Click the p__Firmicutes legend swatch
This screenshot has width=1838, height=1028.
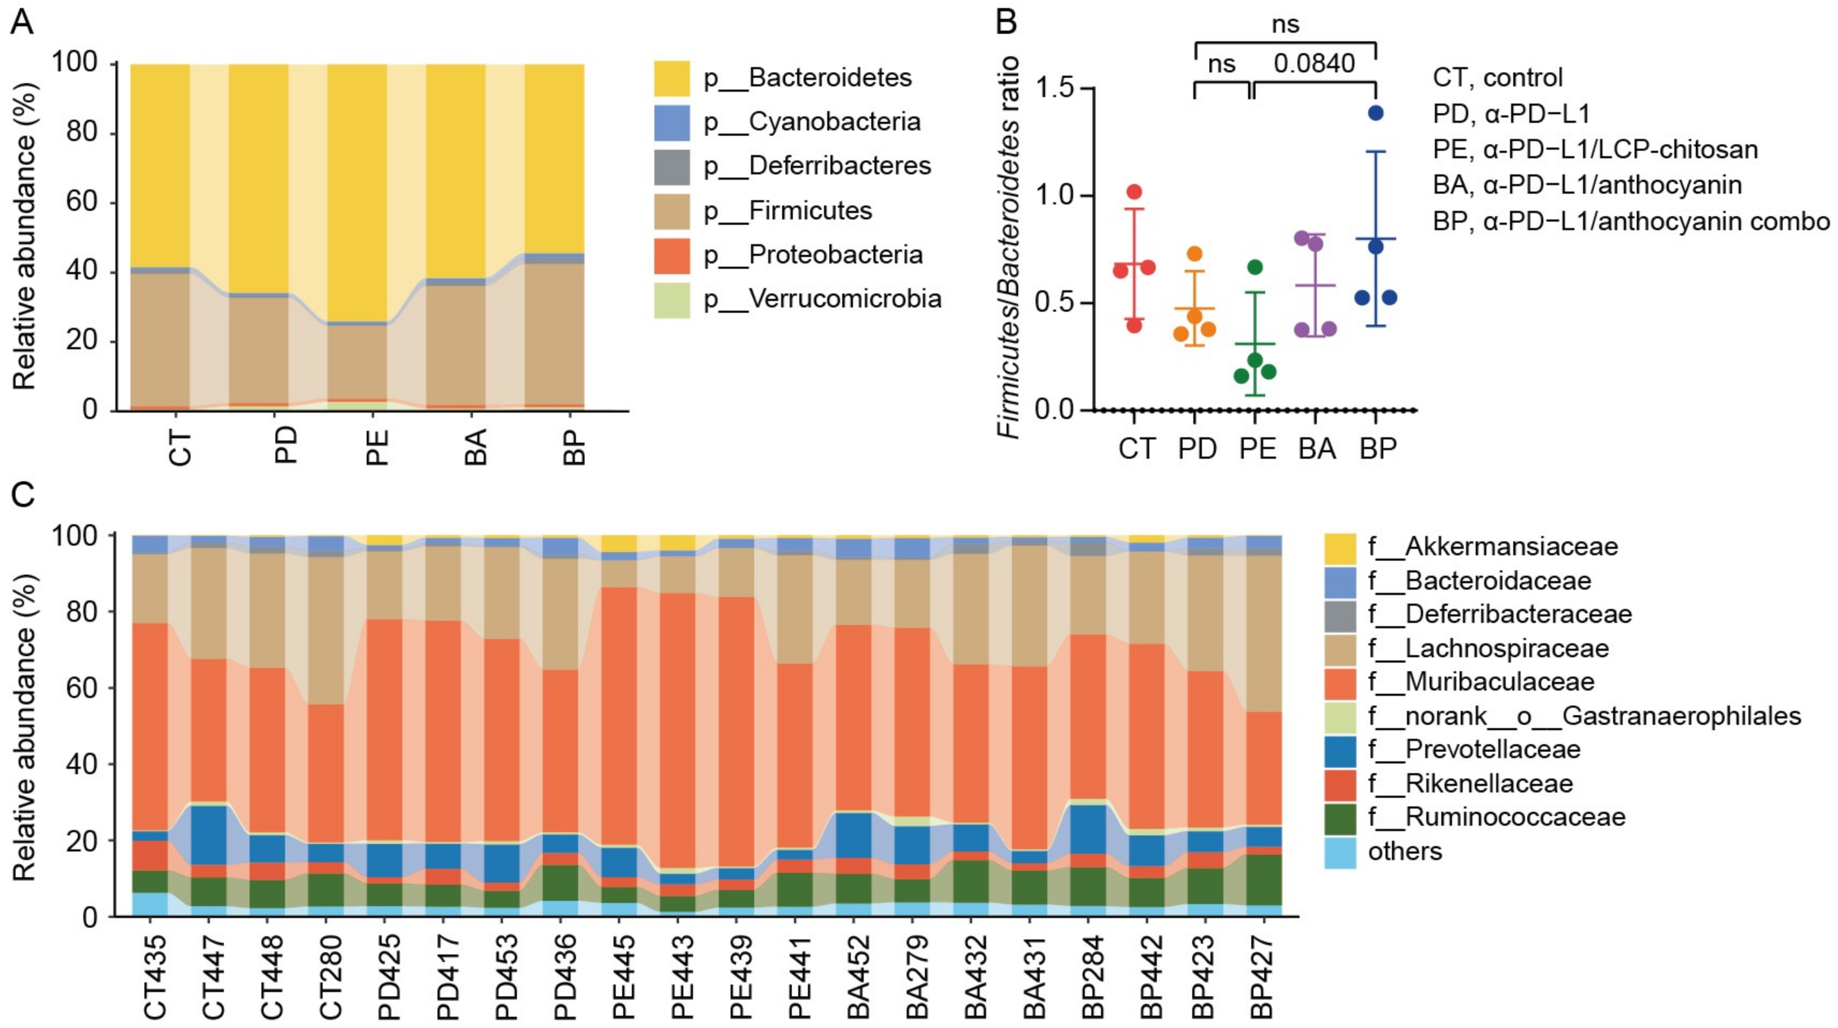pos(672,211)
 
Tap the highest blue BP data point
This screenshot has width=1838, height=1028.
pos(1376,113)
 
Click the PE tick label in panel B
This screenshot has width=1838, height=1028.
pos(1257,449)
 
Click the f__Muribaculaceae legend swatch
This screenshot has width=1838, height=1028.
pos(1340,682)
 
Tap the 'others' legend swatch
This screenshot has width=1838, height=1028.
pos(1340,852)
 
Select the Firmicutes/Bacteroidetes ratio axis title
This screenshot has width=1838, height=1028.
pos(1008,247)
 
